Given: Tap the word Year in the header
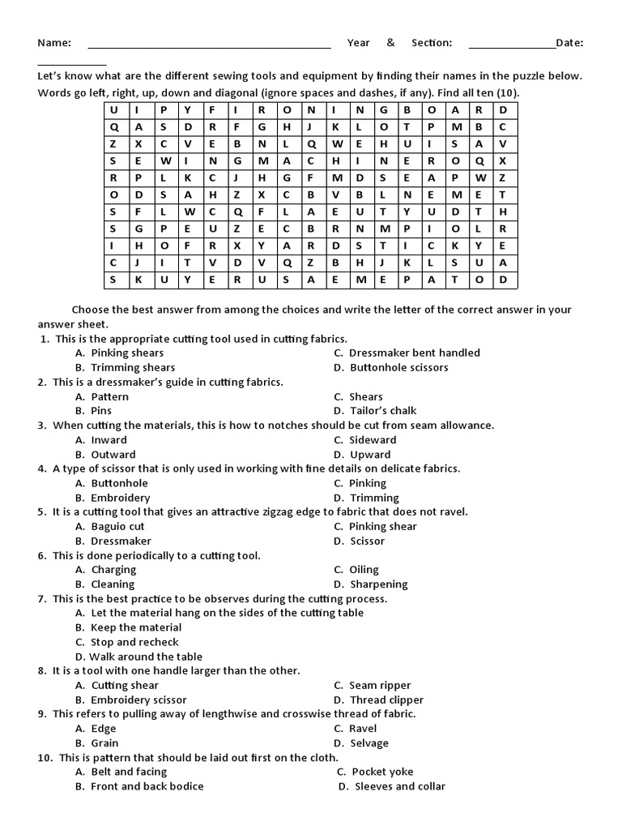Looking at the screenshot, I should pos(359,43).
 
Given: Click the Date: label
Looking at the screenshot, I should pos(570,43).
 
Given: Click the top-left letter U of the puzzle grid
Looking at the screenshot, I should pos(113,109).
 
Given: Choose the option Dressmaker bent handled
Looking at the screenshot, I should pos(415,353).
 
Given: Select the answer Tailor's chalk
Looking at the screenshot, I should pos(383,410).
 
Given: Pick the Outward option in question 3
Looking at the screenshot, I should pos(113,455).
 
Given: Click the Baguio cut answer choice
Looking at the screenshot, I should pos(117,526).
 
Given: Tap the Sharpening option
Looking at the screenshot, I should pos(378,584).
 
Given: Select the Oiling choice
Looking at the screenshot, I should pos(364,570).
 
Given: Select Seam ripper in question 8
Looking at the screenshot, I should pos(380,685).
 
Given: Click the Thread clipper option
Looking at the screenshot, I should pos(386,700).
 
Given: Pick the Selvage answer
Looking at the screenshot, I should pos(369,743).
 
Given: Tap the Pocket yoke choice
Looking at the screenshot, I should pos(382,772).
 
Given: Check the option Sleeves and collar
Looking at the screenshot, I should pos(400,786).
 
